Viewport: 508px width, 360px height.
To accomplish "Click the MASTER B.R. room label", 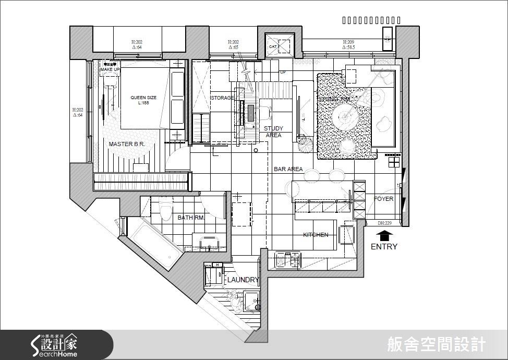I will tap(126, 144).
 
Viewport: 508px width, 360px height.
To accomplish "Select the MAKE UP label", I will tap(110, 69).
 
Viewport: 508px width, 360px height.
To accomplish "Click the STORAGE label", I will tap(222, 98).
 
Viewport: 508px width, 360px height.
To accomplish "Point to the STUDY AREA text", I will tap(273, 131).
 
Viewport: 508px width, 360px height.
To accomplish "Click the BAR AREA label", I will tap(288, 169).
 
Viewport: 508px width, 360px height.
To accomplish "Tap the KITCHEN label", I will tap(316, 235).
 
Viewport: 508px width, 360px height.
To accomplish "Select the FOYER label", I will tap(383, 199).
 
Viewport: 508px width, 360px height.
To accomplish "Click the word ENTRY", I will tap(384, 247).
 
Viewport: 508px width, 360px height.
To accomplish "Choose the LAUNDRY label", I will tap(243, 280).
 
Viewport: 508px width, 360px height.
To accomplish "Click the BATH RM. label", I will tap(191, 218).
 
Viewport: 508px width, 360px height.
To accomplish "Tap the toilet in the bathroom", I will tap(166, 210).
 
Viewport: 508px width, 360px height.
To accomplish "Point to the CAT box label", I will tap(272, 46).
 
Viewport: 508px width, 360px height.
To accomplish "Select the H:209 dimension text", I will tap(349, 42).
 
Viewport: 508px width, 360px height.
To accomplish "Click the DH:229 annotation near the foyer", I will tap(385, 223).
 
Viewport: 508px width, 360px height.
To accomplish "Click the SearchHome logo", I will tap(54, 345).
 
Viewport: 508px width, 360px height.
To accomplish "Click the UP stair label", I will tap(283, 73).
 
